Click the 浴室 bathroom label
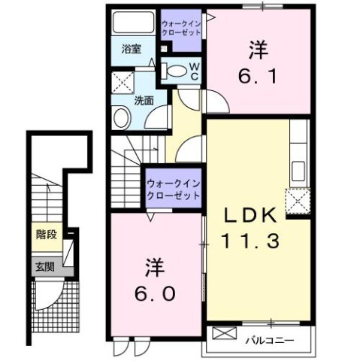(132, 50)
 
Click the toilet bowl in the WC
(175, 71)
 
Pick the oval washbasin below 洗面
(122, 117)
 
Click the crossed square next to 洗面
(122, 80)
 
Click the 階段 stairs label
(45, 235)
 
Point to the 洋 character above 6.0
(156, 265)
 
